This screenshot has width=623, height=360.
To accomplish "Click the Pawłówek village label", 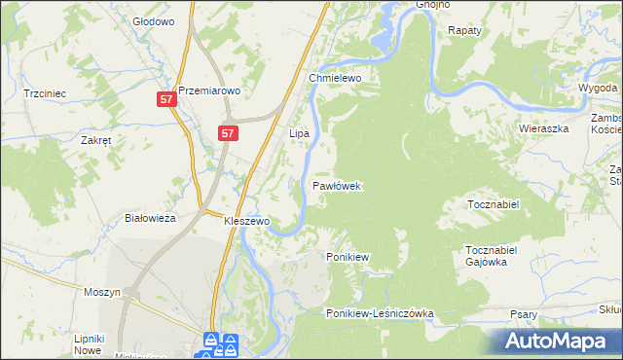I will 338,185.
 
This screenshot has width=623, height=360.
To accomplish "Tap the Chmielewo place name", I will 335,78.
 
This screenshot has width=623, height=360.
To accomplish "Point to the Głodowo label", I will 153,20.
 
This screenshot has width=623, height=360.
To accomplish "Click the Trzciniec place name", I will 45,93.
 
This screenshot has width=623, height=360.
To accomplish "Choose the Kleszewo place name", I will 246,221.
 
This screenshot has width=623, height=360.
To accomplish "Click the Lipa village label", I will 299,131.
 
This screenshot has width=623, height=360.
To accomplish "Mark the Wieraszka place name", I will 542,127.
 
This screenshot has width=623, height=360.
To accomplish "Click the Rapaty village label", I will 465,31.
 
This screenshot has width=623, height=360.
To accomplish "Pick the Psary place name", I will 524,314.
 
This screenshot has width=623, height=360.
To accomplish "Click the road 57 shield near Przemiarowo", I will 166,99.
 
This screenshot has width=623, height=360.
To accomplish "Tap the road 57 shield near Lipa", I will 228,133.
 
